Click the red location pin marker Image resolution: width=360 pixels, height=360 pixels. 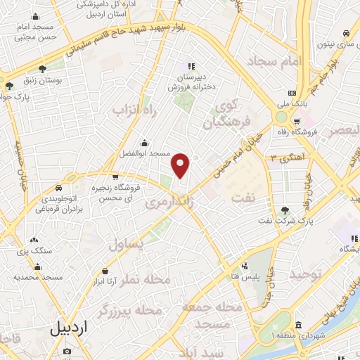(181, 166)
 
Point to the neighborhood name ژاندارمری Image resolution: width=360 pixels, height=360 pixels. (168, 202)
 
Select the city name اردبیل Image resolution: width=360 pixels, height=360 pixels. (70, 328)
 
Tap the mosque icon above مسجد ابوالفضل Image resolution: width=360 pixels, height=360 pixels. (144, 142)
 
